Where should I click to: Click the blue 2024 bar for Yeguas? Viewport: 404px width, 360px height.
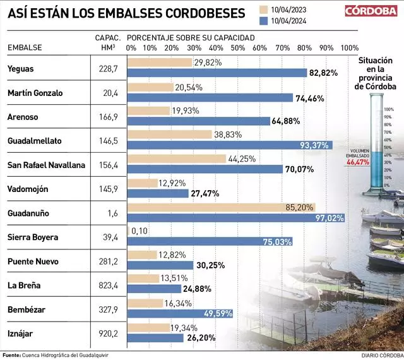(x=217, y=73)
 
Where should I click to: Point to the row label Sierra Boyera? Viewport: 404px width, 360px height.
(x=32, y=237)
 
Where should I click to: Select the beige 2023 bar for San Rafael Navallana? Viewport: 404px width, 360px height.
(x=177, y=159)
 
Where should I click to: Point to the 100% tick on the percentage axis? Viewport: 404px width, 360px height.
(x=349, y=48)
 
